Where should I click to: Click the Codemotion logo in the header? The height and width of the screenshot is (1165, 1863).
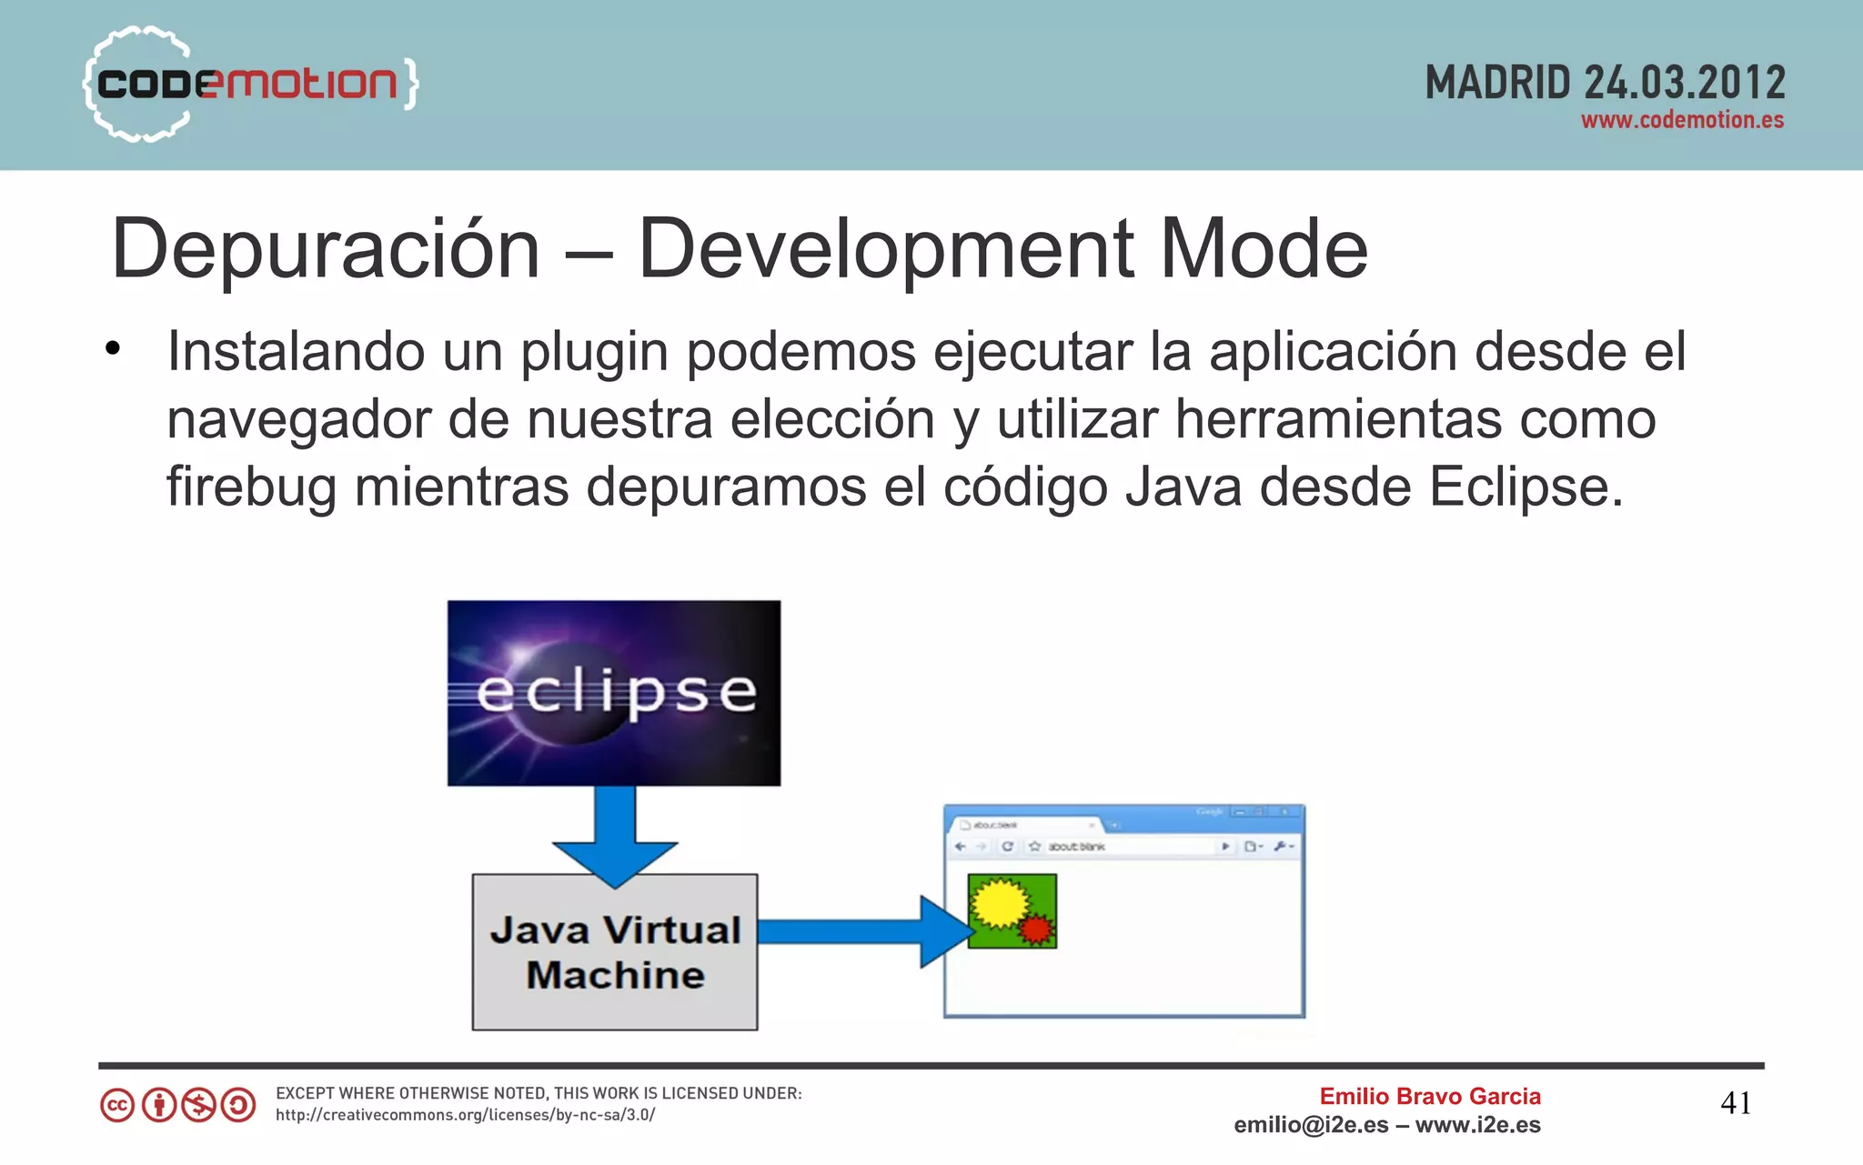click(250, 84)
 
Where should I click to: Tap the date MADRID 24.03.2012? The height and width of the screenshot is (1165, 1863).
click(1605, 84)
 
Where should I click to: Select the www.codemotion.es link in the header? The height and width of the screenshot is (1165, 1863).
click(1682, 120)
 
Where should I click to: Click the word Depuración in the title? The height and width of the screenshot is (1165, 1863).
click(326, 249)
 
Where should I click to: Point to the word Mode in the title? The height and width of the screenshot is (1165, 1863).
click(1264, 249)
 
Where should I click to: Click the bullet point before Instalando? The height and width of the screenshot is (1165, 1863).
click(113, 349)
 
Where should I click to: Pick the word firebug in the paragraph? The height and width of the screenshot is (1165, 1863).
click(250, 487)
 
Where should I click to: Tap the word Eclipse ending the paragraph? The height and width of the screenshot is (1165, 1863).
click(1525, 487)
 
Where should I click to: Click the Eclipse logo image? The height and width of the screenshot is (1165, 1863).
click(614, 693)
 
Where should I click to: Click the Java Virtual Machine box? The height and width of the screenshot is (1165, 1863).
click(615, 952)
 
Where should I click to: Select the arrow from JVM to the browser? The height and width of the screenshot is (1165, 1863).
click(864, 931)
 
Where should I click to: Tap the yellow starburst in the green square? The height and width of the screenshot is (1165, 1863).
click(998, 903)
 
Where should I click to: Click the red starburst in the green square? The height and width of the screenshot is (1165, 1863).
click(1035, 929)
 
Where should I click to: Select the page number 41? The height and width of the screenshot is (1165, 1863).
click(1736, 1103)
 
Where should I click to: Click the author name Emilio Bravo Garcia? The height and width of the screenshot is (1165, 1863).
click(1430, 1097)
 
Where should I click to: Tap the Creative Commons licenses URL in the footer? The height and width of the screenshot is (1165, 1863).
click(465, 1115)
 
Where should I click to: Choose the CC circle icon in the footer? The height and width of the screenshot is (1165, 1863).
click(117, 1105)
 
